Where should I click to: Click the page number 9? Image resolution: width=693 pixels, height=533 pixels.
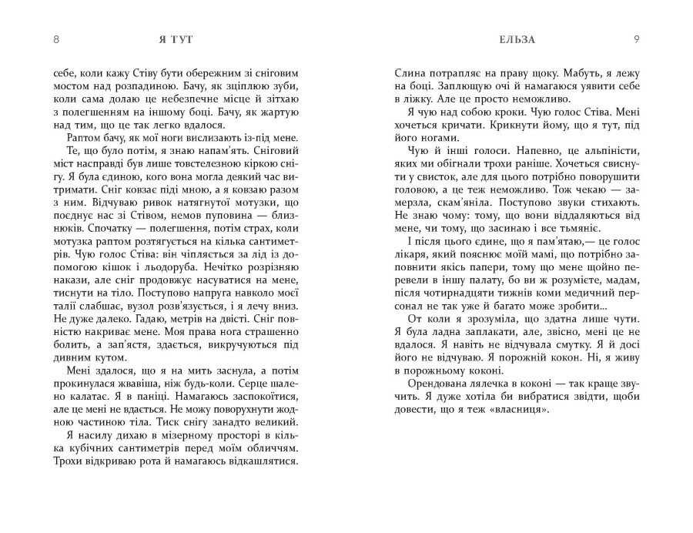point(636,38)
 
